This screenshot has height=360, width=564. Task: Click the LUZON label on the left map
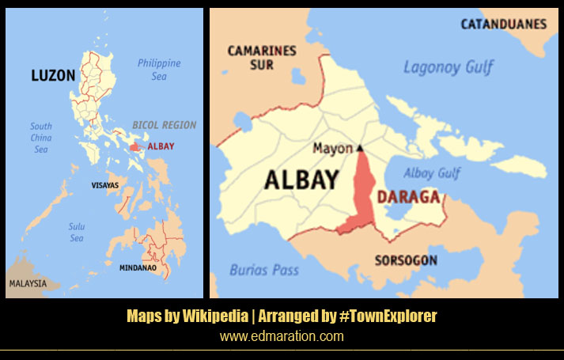pos(53,76)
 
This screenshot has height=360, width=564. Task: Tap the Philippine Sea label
pos(159,69)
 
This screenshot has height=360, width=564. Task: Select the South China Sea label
pos(41,138)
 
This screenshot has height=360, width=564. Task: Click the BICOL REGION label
pos(164,125)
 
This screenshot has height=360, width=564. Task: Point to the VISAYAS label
pos(104,185)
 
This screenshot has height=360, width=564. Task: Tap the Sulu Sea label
pos(76,232)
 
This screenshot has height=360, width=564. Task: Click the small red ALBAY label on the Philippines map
pos(161,146)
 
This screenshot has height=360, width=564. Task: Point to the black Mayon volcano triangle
pos(359,148)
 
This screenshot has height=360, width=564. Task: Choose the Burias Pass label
pos(264,270)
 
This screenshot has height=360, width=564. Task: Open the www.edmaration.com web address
pos(282,336)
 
